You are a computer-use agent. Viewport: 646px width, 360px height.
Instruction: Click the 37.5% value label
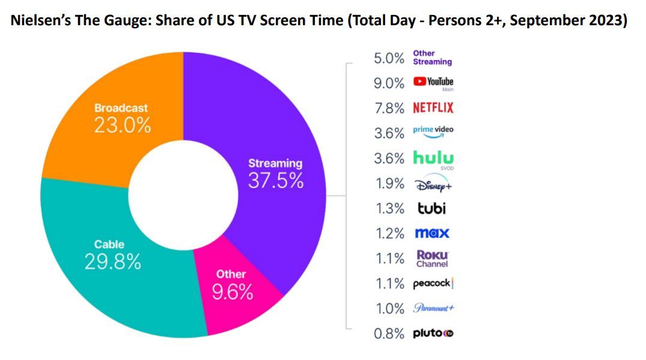276,180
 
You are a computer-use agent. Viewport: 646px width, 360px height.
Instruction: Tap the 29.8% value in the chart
112,263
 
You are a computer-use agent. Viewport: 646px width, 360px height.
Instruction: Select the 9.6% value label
233,293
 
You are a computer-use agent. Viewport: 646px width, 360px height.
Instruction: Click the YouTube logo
433,82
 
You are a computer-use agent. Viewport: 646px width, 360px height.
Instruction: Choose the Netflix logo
433,108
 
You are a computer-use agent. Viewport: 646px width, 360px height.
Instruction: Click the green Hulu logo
433,158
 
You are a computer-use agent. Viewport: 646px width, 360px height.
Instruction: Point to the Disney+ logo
432,184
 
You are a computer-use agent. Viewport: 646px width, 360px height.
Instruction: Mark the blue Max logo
431,233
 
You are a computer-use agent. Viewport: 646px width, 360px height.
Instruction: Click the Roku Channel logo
433,258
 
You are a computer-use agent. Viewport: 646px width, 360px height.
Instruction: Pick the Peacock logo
433,284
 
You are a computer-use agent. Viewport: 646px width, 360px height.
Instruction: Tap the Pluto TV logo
433,334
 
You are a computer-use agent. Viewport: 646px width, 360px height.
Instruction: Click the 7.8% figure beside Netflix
389,108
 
